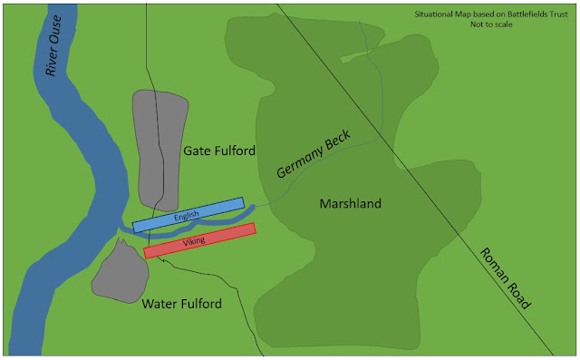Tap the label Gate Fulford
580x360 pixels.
(x=218, y=150)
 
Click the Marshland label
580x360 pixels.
(x=350, y=204)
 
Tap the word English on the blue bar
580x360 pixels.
(x=188, y=215)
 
